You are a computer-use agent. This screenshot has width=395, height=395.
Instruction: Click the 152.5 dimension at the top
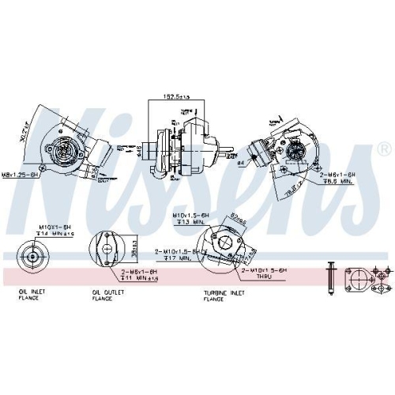point(175,96)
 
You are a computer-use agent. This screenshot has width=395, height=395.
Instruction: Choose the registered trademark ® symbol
point(385,148)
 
